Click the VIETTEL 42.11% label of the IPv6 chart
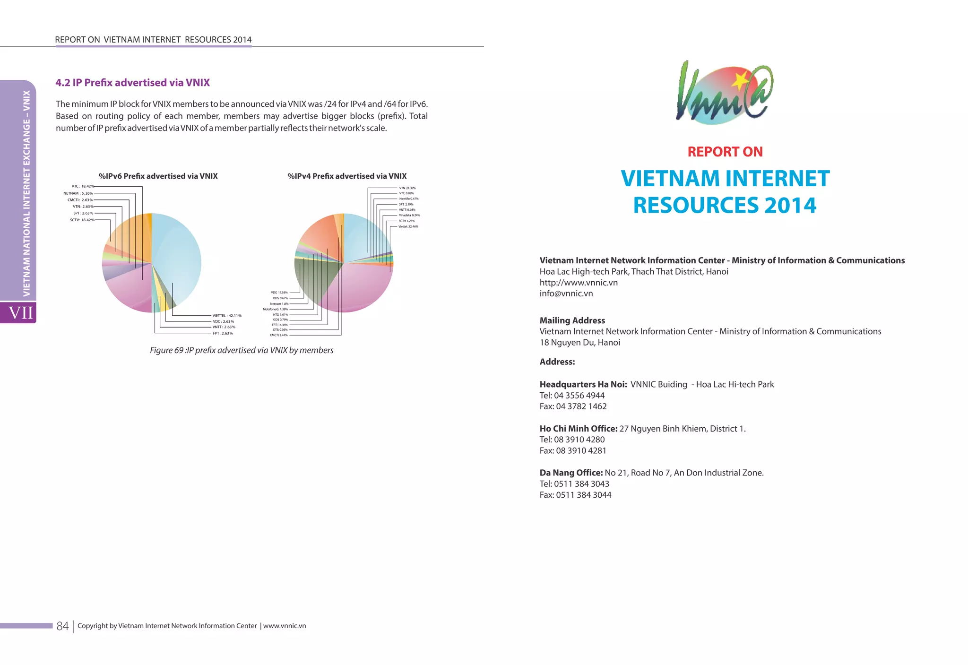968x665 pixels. click(x=227, y=315)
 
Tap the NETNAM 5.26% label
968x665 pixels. click(x=78, y=193)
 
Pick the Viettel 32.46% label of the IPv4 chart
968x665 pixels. click(x=408, y=226)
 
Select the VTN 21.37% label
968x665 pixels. click(x=407, y=188)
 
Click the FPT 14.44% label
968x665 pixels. click(x=280, y=325)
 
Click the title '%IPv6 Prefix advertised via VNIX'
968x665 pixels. click(x=158, y=176)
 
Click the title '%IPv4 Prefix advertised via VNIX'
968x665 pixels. click(x=347, y=176)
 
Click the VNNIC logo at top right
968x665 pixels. click(x=725, y=93)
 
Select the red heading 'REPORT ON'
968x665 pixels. click(x=725, y=152)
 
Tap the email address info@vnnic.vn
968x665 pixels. click(x=566, y=294)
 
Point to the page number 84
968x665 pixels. click(x=62, y=626)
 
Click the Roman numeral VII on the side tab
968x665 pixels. click(x=21, y=312)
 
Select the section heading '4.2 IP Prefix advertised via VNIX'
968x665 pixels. click(x=132, y=83)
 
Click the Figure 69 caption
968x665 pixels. click(x=242, y=350)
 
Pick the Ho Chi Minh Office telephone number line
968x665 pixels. click(x=572, y=440)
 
